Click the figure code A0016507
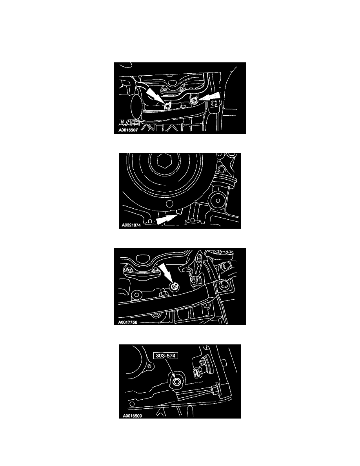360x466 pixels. coord(128,130)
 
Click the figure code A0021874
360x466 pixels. coord(131,225)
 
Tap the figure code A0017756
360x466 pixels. coord(128,322)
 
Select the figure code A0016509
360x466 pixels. coord(132,416)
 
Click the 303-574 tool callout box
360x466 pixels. coord(166,355)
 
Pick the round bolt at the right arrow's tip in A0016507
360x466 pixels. coord(194,100)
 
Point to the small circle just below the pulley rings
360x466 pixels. coord(169,203)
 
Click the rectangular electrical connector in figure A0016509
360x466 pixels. coord(196,372)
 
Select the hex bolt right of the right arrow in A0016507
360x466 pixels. coord(215,104)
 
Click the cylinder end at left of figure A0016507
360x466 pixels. coord(136,106)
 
